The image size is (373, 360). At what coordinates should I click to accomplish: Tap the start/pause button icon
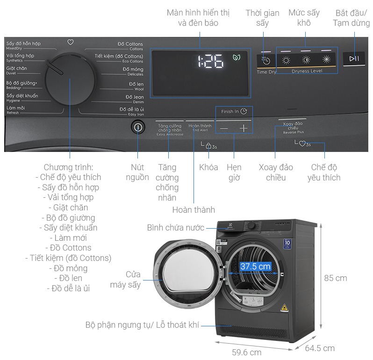[354, 58]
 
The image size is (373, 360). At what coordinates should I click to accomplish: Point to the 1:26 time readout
[210, 61]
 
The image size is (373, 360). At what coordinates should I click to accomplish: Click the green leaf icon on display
[236, 58]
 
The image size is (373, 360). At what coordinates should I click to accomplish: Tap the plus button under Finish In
[244, 128]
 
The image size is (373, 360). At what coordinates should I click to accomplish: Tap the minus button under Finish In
[224, 128]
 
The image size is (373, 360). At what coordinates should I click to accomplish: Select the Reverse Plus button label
[293, 127]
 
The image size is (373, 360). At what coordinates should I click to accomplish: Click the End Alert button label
[200, 127]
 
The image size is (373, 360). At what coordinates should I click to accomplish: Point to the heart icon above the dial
[71, 42]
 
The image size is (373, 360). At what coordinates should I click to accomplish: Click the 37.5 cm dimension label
[255, 266]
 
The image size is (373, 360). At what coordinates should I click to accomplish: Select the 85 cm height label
[335, 278]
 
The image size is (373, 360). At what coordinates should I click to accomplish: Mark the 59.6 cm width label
[246, 352]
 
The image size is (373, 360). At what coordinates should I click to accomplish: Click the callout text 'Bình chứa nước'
[175, 228]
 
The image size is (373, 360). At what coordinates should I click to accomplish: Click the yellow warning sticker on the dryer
[283, 308]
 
